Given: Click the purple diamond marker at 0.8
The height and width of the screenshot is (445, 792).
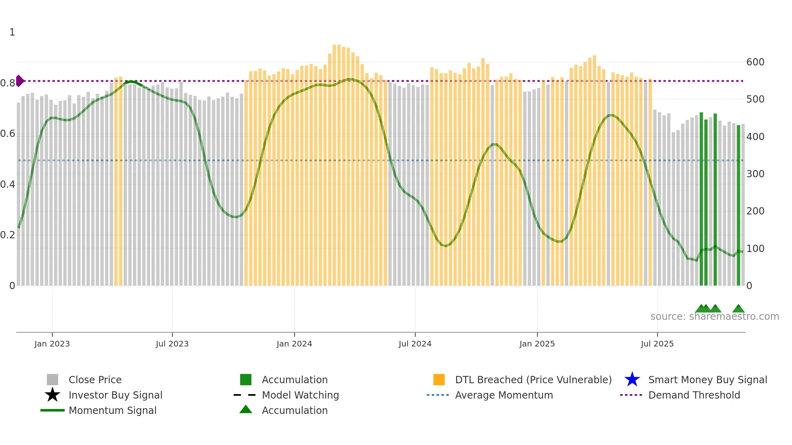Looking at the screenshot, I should pos(19,81).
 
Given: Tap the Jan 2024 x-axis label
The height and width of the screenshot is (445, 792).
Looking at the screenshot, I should pos(294,344).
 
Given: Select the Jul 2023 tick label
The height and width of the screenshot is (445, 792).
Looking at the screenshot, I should pos(172,344).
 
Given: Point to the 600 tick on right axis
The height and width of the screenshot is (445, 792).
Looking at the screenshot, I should pos(755,62).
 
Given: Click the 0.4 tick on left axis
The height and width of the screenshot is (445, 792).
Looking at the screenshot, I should pos(8,185).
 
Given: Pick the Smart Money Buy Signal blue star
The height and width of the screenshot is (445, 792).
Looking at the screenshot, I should pos(632,380).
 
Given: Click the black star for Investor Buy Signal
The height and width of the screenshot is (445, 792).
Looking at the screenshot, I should pos(53,395).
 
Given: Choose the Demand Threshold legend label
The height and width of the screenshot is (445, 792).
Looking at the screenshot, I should pos(694,395).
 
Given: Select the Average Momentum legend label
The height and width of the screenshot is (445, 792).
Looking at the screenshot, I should pos(503,395).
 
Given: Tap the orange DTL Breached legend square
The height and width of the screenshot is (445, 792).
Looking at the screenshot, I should pos(439,380).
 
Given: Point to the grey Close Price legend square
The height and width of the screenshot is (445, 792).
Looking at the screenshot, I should pos(53,380).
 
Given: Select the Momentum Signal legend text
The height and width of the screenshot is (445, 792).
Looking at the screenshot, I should pos(112,410).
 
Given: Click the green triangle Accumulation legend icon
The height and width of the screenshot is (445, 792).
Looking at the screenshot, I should pos(246,409).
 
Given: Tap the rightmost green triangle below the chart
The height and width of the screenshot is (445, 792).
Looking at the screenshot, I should pos(738,309).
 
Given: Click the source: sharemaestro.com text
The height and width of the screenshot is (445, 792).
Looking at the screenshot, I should pos(714,317).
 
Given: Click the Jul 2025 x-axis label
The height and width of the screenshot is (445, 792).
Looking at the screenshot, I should pos(657,344).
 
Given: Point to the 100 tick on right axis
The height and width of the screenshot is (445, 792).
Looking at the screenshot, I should pos(755,249).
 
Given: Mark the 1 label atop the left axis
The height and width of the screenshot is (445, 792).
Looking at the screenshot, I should pos(12,32).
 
